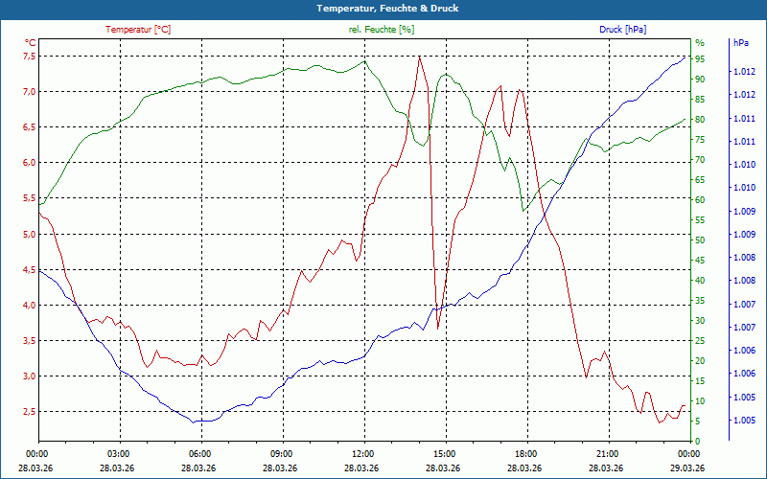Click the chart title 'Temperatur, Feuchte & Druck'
383,8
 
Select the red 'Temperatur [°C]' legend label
138,30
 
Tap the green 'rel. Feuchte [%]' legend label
382,30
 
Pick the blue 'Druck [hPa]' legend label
622,30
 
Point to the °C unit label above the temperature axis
30,43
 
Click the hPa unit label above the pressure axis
740,43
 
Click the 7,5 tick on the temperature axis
29,56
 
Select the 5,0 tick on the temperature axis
29,234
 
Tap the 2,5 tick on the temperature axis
29,412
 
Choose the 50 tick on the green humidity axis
700,239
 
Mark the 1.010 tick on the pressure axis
743,165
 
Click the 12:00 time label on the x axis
362,453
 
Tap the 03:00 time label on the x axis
119,453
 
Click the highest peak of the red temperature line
419,57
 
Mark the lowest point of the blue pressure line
195,422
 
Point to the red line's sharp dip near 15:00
438,328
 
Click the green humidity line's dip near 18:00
523,210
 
